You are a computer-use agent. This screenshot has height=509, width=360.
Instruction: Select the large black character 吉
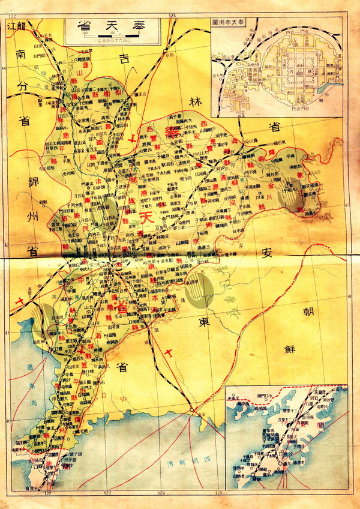124,59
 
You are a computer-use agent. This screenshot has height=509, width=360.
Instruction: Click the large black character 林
194,100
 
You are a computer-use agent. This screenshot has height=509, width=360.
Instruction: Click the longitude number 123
108,492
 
